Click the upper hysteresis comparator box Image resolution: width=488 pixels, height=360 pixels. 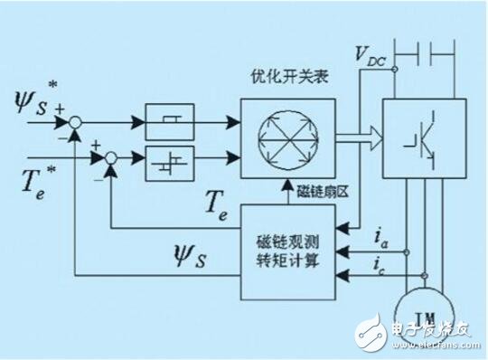point(170,120)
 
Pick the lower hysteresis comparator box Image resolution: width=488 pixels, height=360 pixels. point(170,157)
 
